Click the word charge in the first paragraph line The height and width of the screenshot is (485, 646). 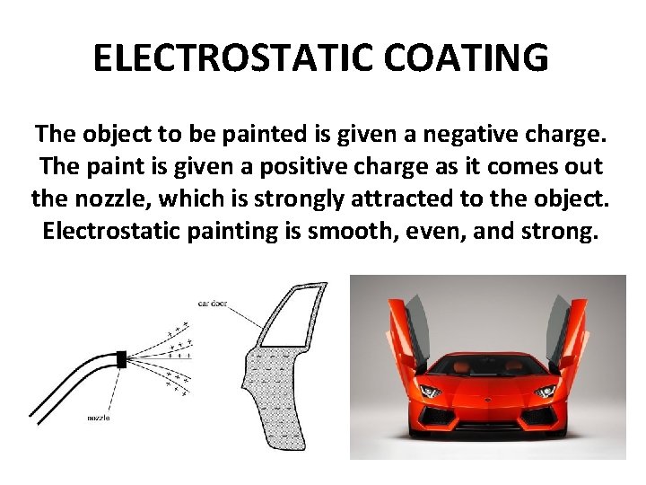coord(565,136)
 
